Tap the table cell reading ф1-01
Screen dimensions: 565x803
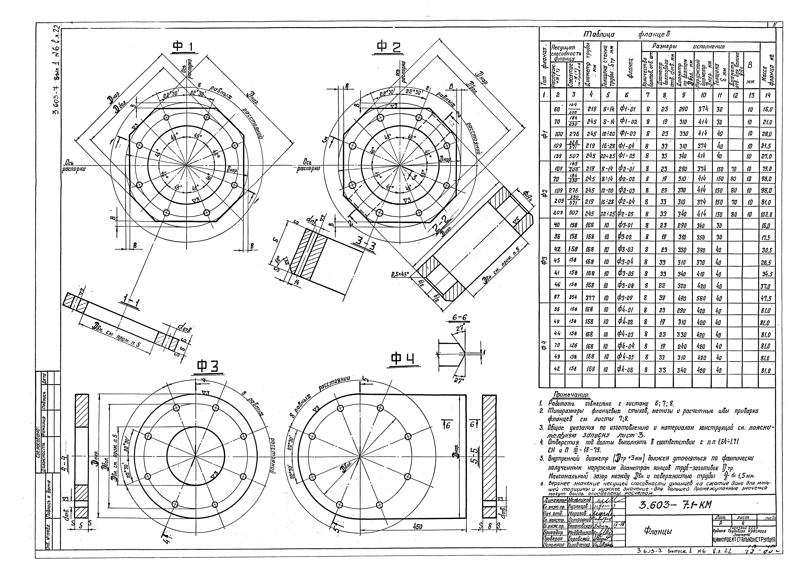[x=628, y=110]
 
